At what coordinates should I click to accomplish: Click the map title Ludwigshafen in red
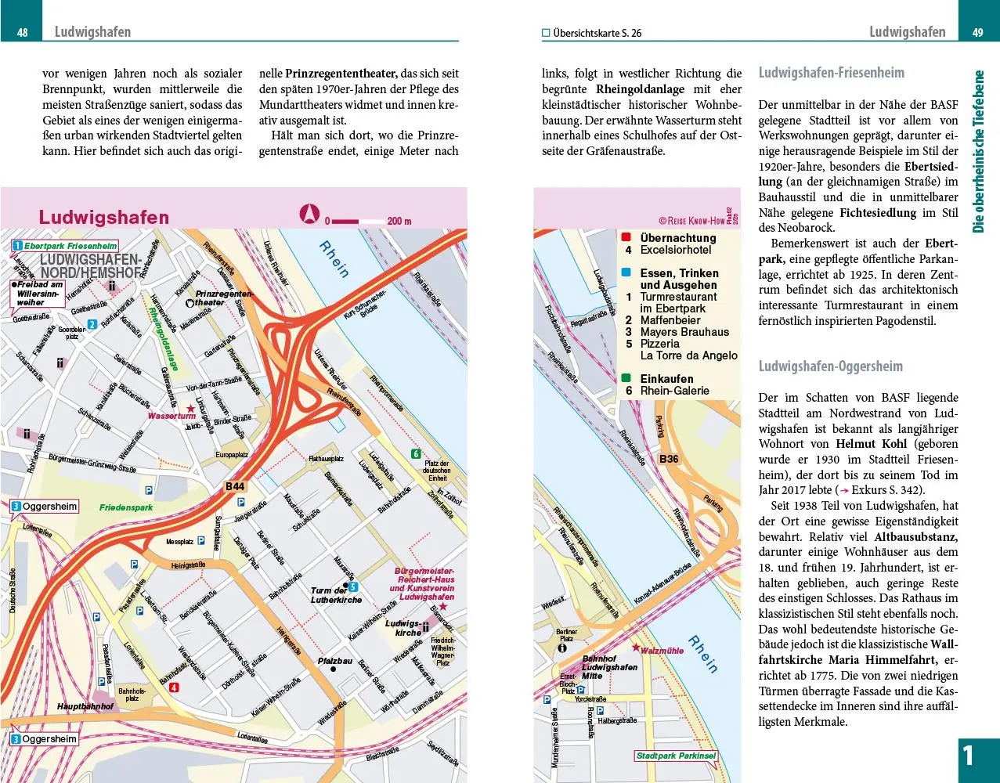click(x=104, y=217)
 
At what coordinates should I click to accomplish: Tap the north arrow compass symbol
click(x=310, y=213)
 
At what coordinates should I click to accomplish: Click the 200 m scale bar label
click(x=399, y=222)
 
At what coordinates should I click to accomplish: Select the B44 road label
click(x=235, y=486)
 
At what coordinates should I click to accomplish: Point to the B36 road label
click(x=669, y=459)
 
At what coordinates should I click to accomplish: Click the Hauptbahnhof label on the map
click(x=85, y=706)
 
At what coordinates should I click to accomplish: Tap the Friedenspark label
click(x=126, y=507)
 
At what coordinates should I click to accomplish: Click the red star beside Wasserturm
click(x=190, y=409)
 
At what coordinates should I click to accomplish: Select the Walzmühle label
click(x=662, y=651)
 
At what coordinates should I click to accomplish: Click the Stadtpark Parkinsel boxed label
click(x=676, y=756)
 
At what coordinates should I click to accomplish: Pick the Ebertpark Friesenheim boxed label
click(x=70, y=246)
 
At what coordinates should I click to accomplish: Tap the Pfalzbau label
click(x=334, y=661)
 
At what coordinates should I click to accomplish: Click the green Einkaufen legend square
click(x=626, y=379)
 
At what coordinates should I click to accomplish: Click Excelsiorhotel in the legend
click(x=676, y=250)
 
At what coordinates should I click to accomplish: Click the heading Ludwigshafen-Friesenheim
click(x=831, y=73)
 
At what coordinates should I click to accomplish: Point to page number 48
click(x=23, y=33)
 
